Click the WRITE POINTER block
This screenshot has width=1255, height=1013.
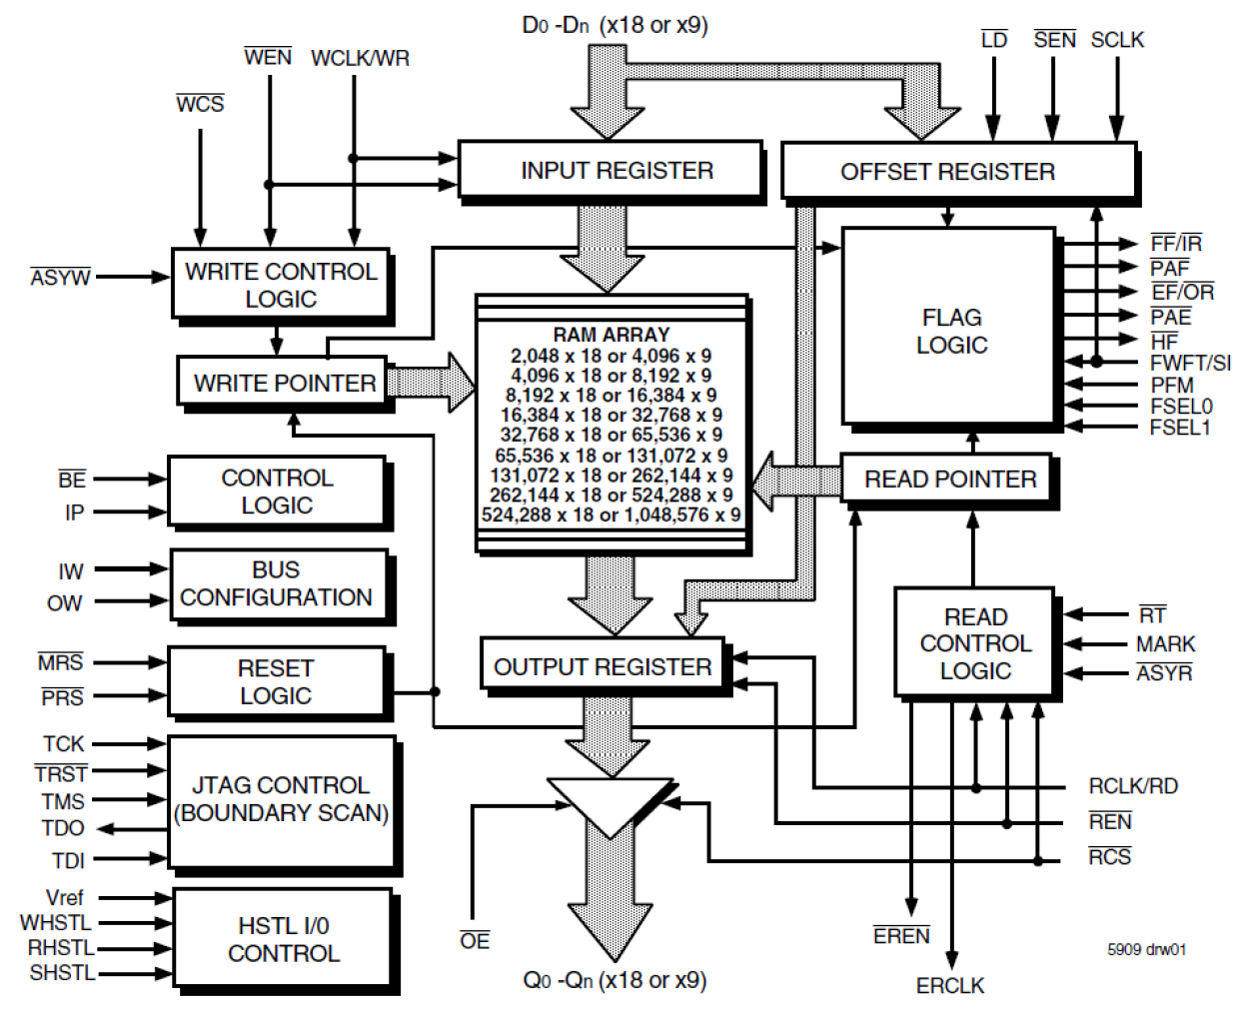pos(284,383)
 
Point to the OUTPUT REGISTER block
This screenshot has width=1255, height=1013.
pos(602,666)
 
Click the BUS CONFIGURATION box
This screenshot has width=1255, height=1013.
pos(277,583)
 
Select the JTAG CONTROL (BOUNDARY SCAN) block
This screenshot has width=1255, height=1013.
pos(281,800)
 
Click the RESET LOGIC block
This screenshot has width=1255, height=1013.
pos(276,681)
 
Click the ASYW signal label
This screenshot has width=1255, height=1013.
pos(60,277)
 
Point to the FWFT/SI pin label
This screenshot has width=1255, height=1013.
pos(1189,363)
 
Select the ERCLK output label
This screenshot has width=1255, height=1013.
pos(949,985)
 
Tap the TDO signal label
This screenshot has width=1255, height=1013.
pos(63,828)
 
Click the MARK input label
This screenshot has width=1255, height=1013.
pos(1165,644)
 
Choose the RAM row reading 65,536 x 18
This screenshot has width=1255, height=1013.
pos(611,455)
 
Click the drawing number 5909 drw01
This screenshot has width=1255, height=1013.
pos(1146,949)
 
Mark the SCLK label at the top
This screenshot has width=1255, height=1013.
pos(1116,40)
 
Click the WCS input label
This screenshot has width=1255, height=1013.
pos(200,104)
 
